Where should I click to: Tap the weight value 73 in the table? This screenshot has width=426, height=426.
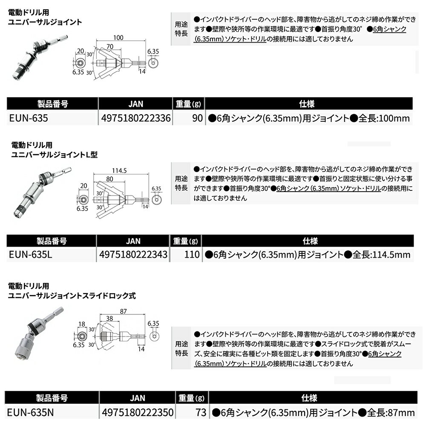(x=201, y=412)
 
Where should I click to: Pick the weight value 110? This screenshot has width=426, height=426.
(x=192, y=254)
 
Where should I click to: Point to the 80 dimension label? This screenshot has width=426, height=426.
(x=110, y=179)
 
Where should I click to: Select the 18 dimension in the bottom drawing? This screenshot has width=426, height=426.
(x=81, y=324)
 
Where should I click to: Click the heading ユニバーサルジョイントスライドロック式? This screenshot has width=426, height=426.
(x=73, y=295)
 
